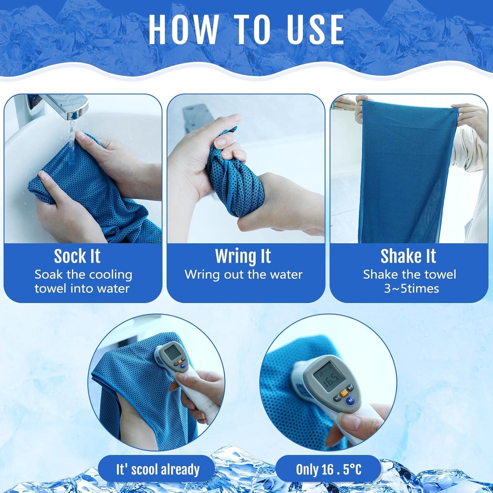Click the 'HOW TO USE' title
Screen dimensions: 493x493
[x=246, y=30]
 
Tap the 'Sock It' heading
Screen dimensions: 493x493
[x=77, y=256]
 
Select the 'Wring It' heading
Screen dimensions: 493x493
[x=243, y=256]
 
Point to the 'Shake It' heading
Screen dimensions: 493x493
[x=408, y=256]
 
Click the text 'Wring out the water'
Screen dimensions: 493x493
[x=244, y=275]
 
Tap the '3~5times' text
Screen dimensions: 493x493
[x=411, y=289]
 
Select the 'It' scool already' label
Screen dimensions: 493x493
[x=157, y=469]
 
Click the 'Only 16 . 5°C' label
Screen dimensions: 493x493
[x=328, y=469]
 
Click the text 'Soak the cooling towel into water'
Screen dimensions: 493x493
[x=83, y=281]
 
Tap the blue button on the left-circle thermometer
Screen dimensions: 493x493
[x=183, y=366]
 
